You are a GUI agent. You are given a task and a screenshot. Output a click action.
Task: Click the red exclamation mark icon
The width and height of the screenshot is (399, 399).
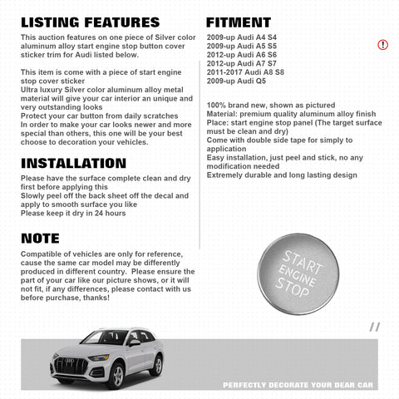pyautogui.click(x=382, y=44)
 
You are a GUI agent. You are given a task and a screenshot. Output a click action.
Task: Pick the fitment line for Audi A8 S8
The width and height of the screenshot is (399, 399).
pyautogui.click(x=247, y=71)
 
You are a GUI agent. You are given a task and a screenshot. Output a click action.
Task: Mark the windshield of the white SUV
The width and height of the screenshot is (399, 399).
pyautogui.click(x=104, y=337)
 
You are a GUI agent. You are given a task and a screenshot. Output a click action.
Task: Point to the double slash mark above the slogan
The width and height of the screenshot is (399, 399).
pyautogui.click(x=374, y=327)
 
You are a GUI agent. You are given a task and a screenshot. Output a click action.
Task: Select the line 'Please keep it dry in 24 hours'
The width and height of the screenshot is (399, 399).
pyautogui.click(x=73, y=214)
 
